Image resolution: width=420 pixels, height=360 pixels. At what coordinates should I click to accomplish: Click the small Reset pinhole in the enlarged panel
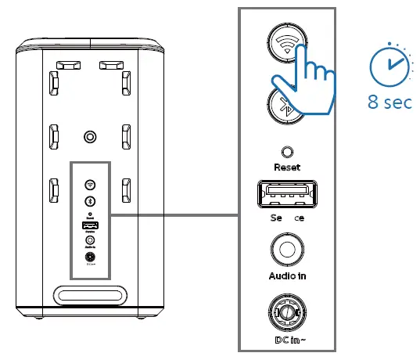(x=287, y=152)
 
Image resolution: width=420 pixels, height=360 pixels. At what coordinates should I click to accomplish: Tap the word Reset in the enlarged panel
(x=287, y=167)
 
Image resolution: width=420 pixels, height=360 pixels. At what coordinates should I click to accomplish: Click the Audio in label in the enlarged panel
(x=286, y=275)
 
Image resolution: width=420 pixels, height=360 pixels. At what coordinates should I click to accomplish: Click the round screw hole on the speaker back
(x=90, y=138)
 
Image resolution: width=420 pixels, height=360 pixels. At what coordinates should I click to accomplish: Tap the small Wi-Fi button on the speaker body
(x=90, y=185)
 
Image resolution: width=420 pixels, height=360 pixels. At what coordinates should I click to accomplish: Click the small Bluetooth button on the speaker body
(x=90, y=201)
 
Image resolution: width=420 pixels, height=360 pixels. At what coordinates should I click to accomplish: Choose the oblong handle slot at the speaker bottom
(x=90, y=296)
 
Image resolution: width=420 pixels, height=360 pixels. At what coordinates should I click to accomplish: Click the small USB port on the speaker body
(x=90, y=225)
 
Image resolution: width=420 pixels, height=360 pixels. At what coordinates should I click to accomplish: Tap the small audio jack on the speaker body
(x=90, y=240)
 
